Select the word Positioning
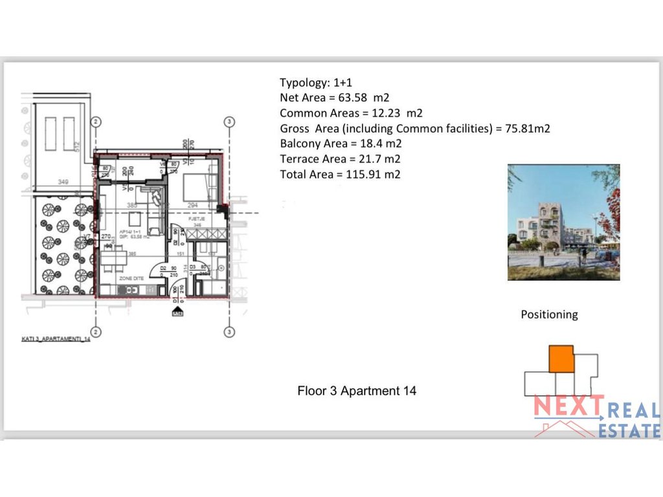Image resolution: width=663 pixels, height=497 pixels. [549, 315]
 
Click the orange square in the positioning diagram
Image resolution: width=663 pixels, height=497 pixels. [561, 359]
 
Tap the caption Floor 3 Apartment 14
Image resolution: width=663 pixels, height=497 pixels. [357, 391]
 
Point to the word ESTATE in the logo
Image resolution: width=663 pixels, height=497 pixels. [629, 430]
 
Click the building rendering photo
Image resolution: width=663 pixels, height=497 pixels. [563, 222]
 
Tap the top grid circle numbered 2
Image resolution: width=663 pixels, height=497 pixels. [96, 122]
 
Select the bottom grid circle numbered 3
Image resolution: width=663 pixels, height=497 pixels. [229, 332]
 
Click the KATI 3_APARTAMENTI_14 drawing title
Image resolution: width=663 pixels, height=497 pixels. [54, 338]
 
